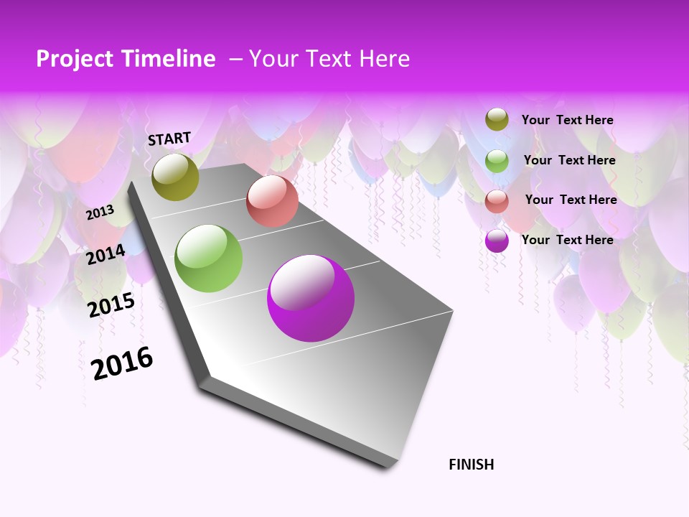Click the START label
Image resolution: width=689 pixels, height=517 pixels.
click(169, 139)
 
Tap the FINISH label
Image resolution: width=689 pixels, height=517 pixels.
click(471, 465)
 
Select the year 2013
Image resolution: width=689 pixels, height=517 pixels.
click(100, 213)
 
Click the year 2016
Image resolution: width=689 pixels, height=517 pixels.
click(122, 363)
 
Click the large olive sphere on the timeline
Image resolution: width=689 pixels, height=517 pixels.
click(176, 177)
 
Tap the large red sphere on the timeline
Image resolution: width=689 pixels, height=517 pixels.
click(272, 201)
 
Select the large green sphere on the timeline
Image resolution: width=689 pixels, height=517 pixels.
click(209, 258)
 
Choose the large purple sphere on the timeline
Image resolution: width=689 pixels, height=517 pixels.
click(311, 298)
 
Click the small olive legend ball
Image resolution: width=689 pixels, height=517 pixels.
click(497, 120)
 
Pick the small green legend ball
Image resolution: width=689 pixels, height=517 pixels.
click(497, 161)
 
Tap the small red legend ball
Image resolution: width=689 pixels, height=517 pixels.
click(497, 201)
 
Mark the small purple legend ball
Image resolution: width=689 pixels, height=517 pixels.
click(497, 241)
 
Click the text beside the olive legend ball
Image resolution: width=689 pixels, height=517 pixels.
click(567, 120)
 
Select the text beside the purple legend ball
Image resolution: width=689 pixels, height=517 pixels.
click(567, 240)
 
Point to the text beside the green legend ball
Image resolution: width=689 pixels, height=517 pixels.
click(569, 160)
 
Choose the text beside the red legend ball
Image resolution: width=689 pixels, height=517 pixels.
click(571, 200)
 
